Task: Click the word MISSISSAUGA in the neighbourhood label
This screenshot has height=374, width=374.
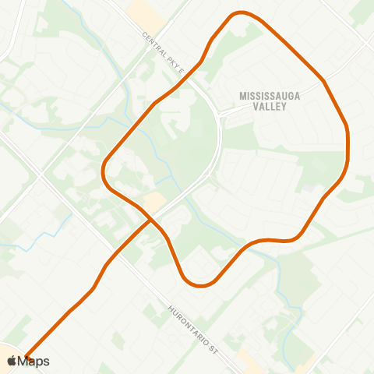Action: tap(263, 96)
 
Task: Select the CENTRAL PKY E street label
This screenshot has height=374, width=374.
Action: tap(163, 53)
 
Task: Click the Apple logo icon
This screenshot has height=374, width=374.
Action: tap(11, 361)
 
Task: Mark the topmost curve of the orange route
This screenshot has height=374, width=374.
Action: tap(242, 13)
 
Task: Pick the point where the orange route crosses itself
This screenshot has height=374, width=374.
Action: tap(150, 219)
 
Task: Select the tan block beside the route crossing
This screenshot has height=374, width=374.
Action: tap(154, 202)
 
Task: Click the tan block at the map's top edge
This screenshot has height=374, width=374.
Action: tap(143, 9)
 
